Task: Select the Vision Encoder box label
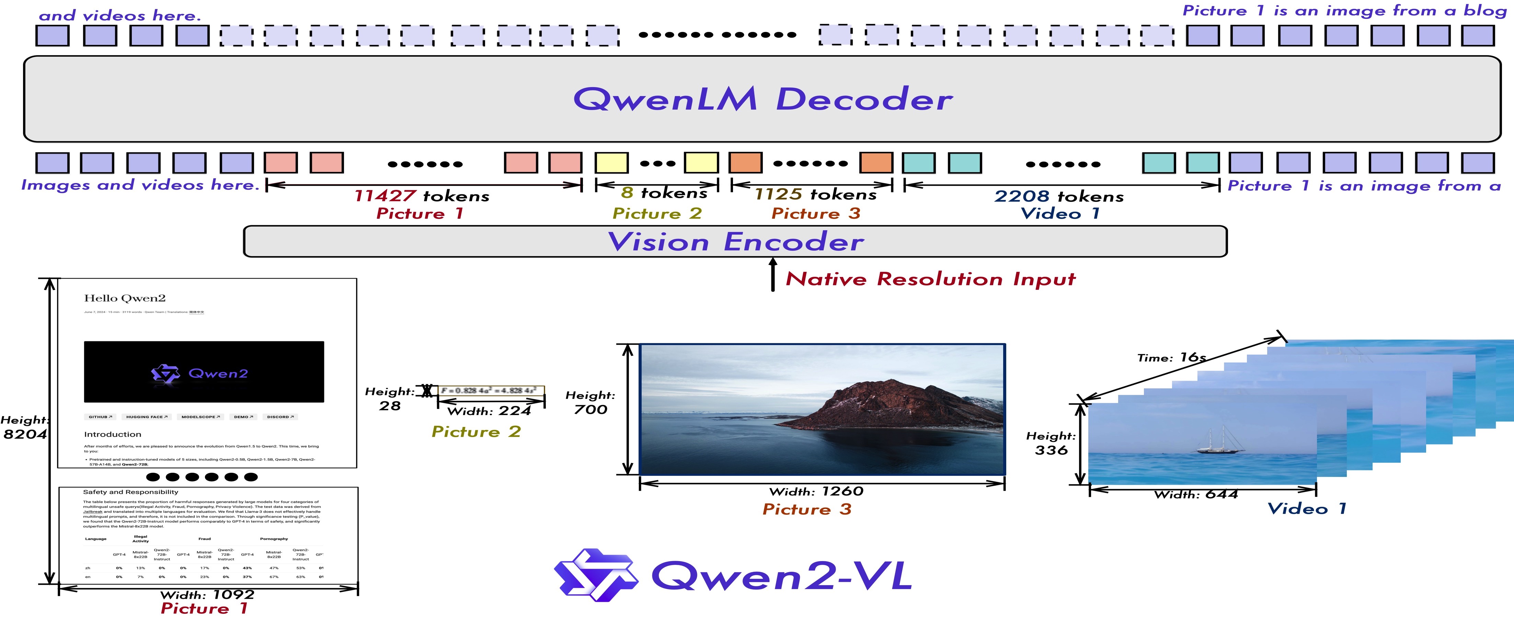pos(735,242)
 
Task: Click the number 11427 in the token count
pos(385,196)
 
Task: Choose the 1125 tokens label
pos(815,194)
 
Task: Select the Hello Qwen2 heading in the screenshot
pos(125,298)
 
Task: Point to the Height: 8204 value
pos(25,434)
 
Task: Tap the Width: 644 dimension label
pos(1196,494)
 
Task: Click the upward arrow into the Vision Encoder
pos(773,273)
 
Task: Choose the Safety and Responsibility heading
pos(130,492)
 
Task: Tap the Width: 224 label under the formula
pos(489,411)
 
